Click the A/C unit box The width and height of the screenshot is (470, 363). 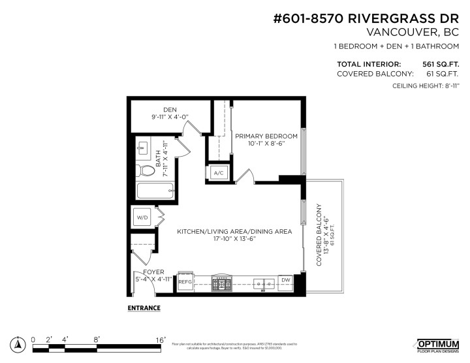217,172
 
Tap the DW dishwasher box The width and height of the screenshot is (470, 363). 285,281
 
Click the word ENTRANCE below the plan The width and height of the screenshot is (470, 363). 143,307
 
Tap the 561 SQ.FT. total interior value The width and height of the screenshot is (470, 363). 441,64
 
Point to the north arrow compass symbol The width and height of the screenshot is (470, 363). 18,343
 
